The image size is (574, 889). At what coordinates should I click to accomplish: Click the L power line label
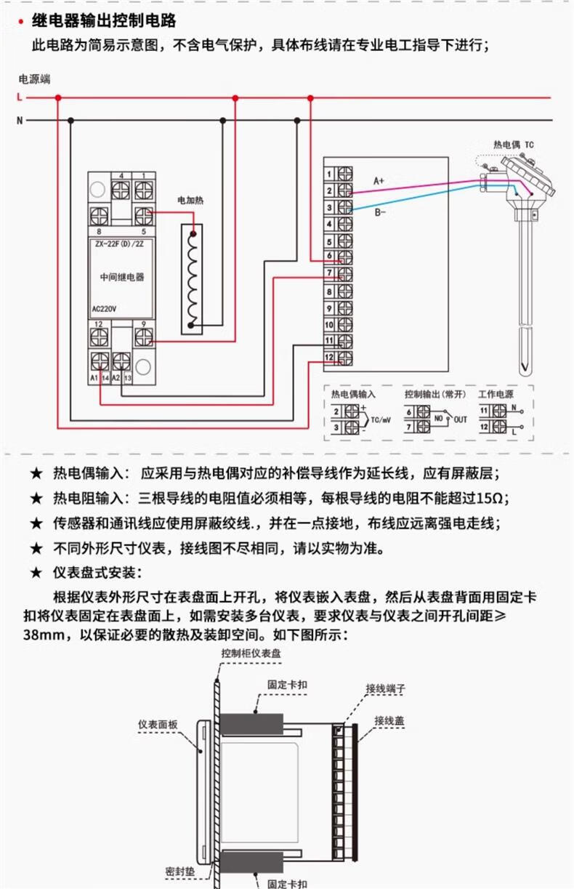tap(20, 97)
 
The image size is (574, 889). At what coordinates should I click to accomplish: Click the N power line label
tap(20, 120)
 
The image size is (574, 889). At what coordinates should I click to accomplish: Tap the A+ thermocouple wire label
tap(379, 180)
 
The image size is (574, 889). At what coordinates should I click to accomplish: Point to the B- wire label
tap(380, 212)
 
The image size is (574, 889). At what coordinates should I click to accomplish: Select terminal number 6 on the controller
tap(329, 257)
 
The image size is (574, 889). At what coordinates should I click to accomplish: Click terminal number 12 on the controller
tap(329, 358)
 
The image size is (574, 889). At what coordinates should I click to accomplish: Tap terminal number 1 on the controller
tap(329, 174)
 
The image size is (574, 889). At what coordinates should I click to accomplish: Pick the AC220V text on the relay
tap(105, 308)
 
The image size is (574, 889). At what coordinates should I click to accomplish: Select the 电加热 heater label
tap(190, 199)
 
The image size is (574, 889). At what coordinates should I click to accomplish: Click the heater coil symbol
tap(192, 279)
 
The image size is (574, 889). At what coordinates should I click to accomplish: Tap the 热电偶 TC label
tap(513, 145)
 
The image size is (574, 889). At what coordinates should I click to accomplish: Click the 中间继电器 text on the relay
tap(121, 277)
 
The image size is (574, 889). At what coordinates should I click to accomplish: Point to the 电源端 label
tap(34, 79)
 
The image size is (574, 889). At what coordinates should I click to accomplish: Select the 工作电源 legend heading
tap(496, 393)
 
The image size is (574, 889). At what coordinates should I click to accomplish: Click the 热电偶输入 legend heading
tap(354, 393)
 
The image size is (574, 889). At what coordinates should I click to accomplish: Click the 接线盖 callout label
tap(389, 720)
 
